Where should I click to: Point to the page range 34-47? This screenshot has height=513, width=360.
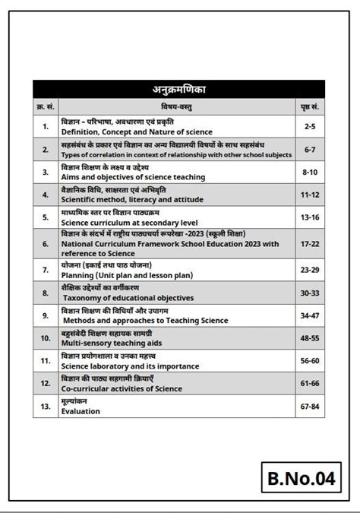tap(309, 315)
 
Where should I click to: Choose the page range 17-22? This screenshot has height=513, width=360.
tap(309, 243)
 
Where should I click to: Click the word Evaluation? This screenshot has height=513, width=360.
tap(81, 411)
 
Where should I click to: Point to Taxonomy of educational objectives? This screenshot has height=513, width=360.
tap(128, 298)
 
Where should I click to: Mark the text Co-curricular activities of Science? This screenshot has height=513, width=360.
tap(122, 389)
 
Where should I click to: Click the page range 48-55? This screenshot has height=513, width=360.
tap(309, 337)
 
